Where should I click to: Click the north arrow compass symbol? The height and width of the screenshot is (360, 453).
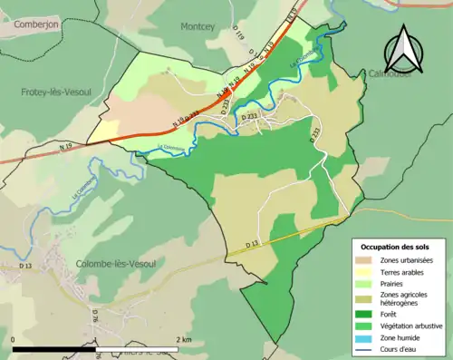(x=405, y=51)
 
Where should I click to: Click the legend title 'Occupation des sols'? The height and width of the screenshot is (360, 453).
(x=397, y=247)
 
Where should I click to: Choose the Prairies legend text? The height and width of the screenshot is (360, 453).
(x=394, y=284)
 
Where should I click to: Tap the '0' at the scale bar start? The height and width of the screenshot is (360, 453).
(x=14, y=340)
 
